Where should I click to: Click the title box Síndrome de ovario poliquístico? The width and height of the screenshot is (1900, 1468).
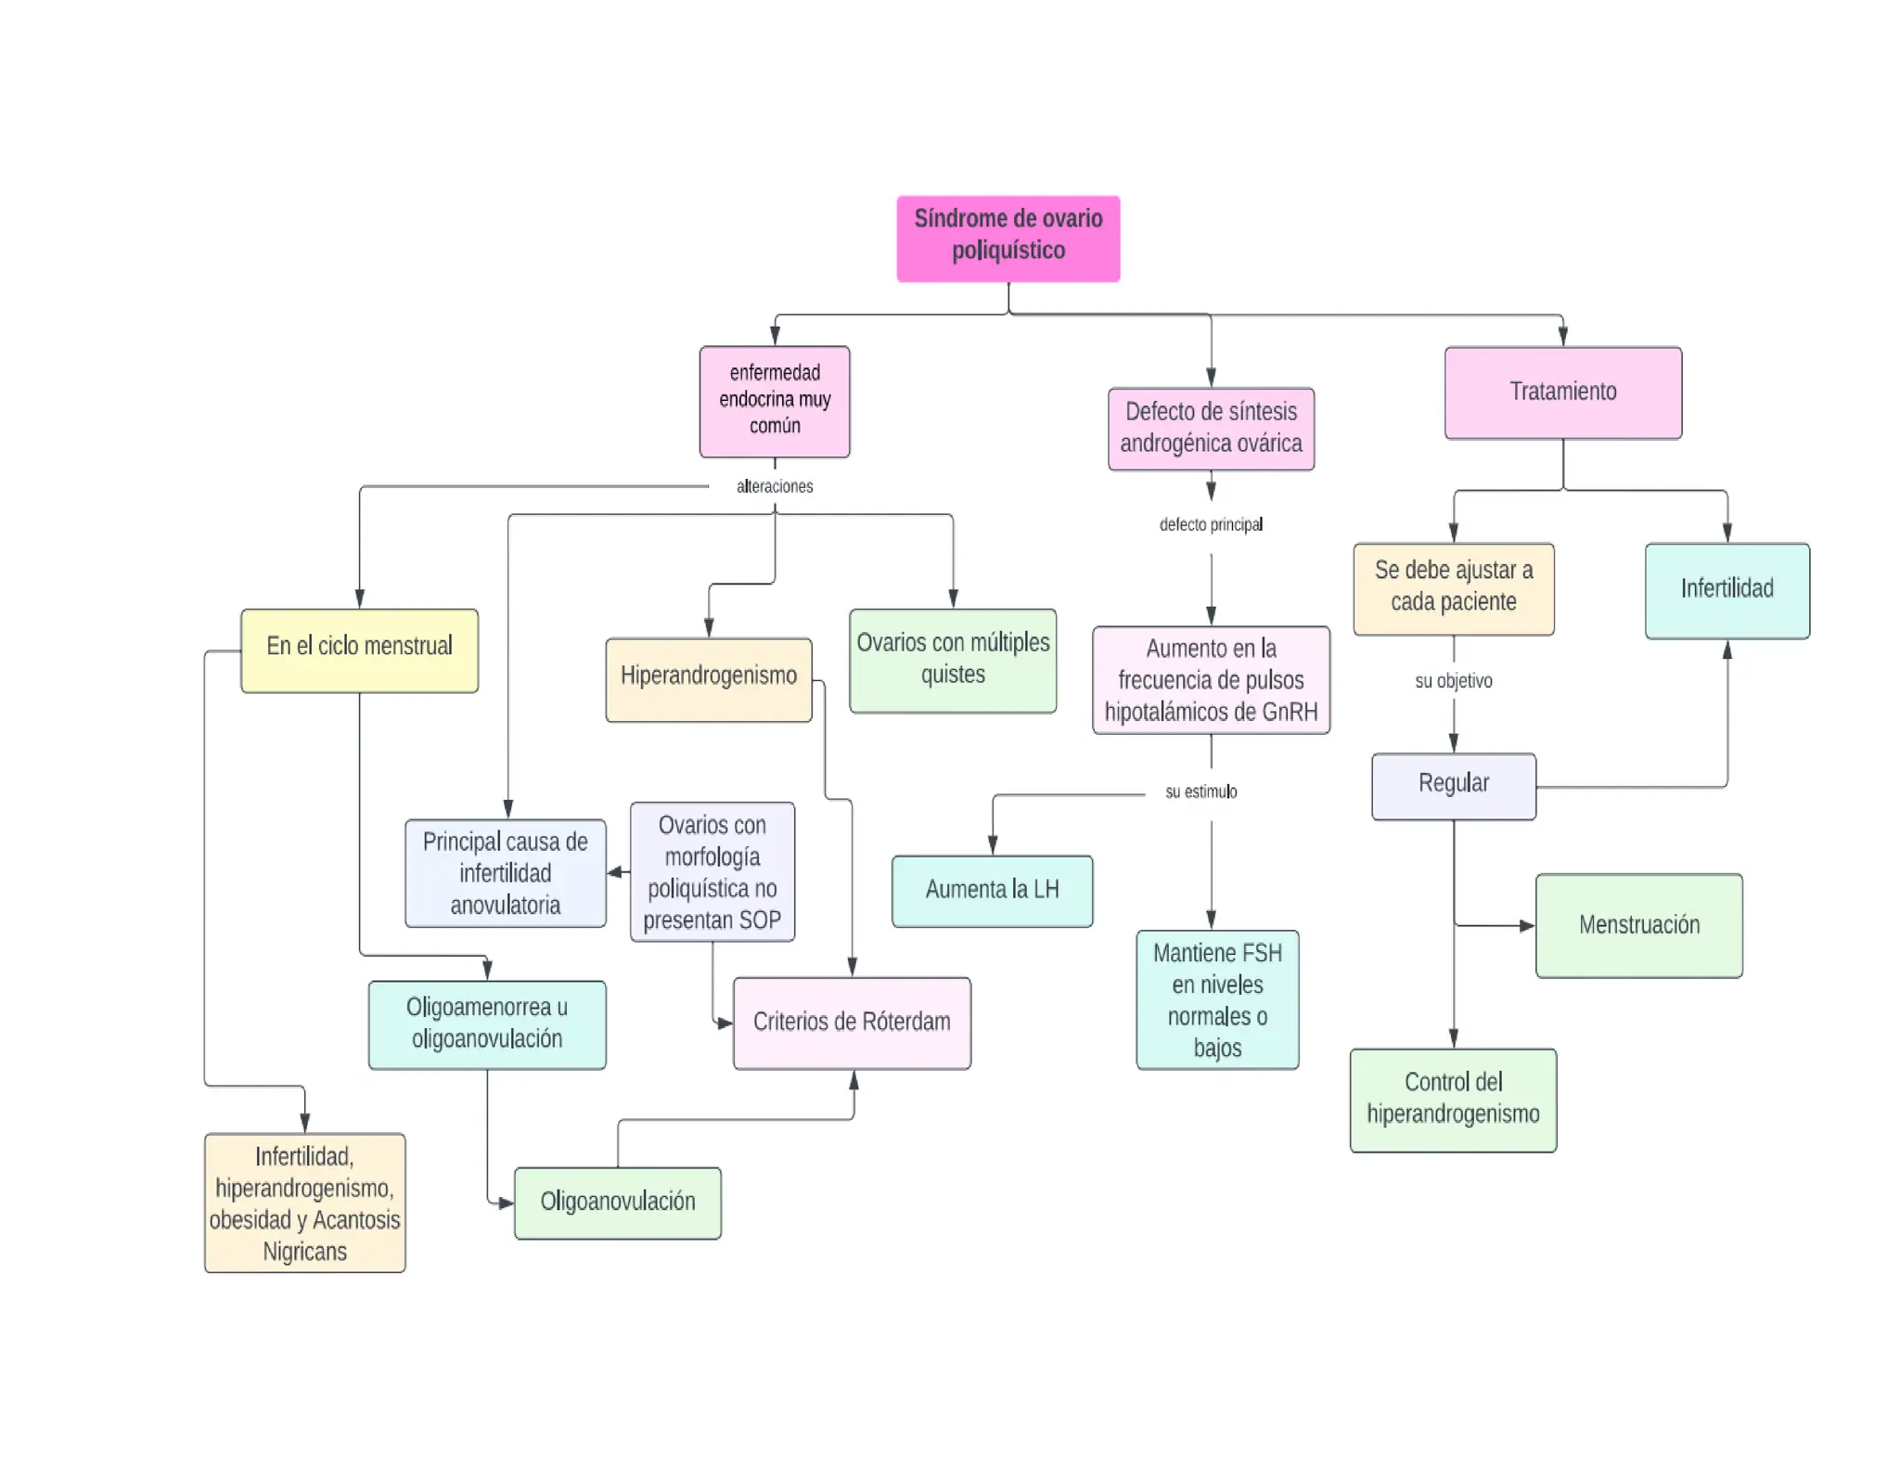point(1008,238)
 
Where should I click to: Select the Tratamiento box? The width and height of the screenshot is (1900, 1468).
point(1562,393)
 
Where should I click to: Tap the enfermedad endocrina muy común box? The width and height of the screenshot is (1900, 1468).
point(775,401)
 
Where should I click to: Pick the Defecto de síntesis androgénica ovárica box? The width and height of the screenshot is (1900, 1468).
point(1211,428)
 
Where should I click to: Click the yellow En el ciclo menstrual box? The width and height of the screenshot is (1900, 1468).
point(359,650)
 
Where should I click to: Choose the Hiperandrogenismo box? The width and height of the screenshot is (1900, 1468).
point(708,678)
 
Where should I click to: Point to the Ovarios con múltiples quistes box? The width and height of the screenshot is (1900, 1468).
point(953,660)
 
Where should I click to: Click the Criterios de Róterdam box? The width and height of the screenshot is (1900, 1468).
point(852,1023)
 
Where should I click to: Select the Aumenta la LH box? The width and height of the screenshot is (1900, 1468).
point(992,891)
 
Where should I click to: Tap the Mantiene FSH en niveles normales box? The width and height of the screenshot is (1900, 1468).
point(1217,999)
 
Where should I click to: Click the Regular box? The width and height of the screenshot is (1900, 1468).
point(1453,786)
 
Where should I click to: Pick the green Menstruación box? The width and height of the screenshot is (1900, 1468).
point(1638,925)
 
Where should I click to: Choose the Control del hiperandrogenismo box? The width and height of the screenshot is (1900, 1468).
point(1453,1100)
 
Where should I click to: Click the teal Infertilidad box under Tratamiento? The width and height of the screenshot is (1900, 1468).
point(1727,590)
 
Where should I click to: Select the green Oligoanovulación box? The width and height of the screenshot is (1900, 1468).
point(617,1203)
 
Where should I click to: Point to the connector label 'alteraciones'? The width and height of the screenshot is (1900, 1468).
point(775,486)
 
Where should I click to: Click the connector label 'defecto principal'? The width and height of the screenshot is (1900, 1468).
point(1211,525)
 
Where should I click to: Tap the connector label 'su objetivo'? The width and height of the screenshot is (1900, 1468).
point(1453,681)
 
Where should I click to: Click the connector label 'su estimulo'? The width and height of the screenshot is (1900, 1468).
point(1201,792)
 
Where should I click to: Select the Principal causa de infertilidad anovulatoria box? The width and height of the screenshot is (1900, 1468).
point(505,873)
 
